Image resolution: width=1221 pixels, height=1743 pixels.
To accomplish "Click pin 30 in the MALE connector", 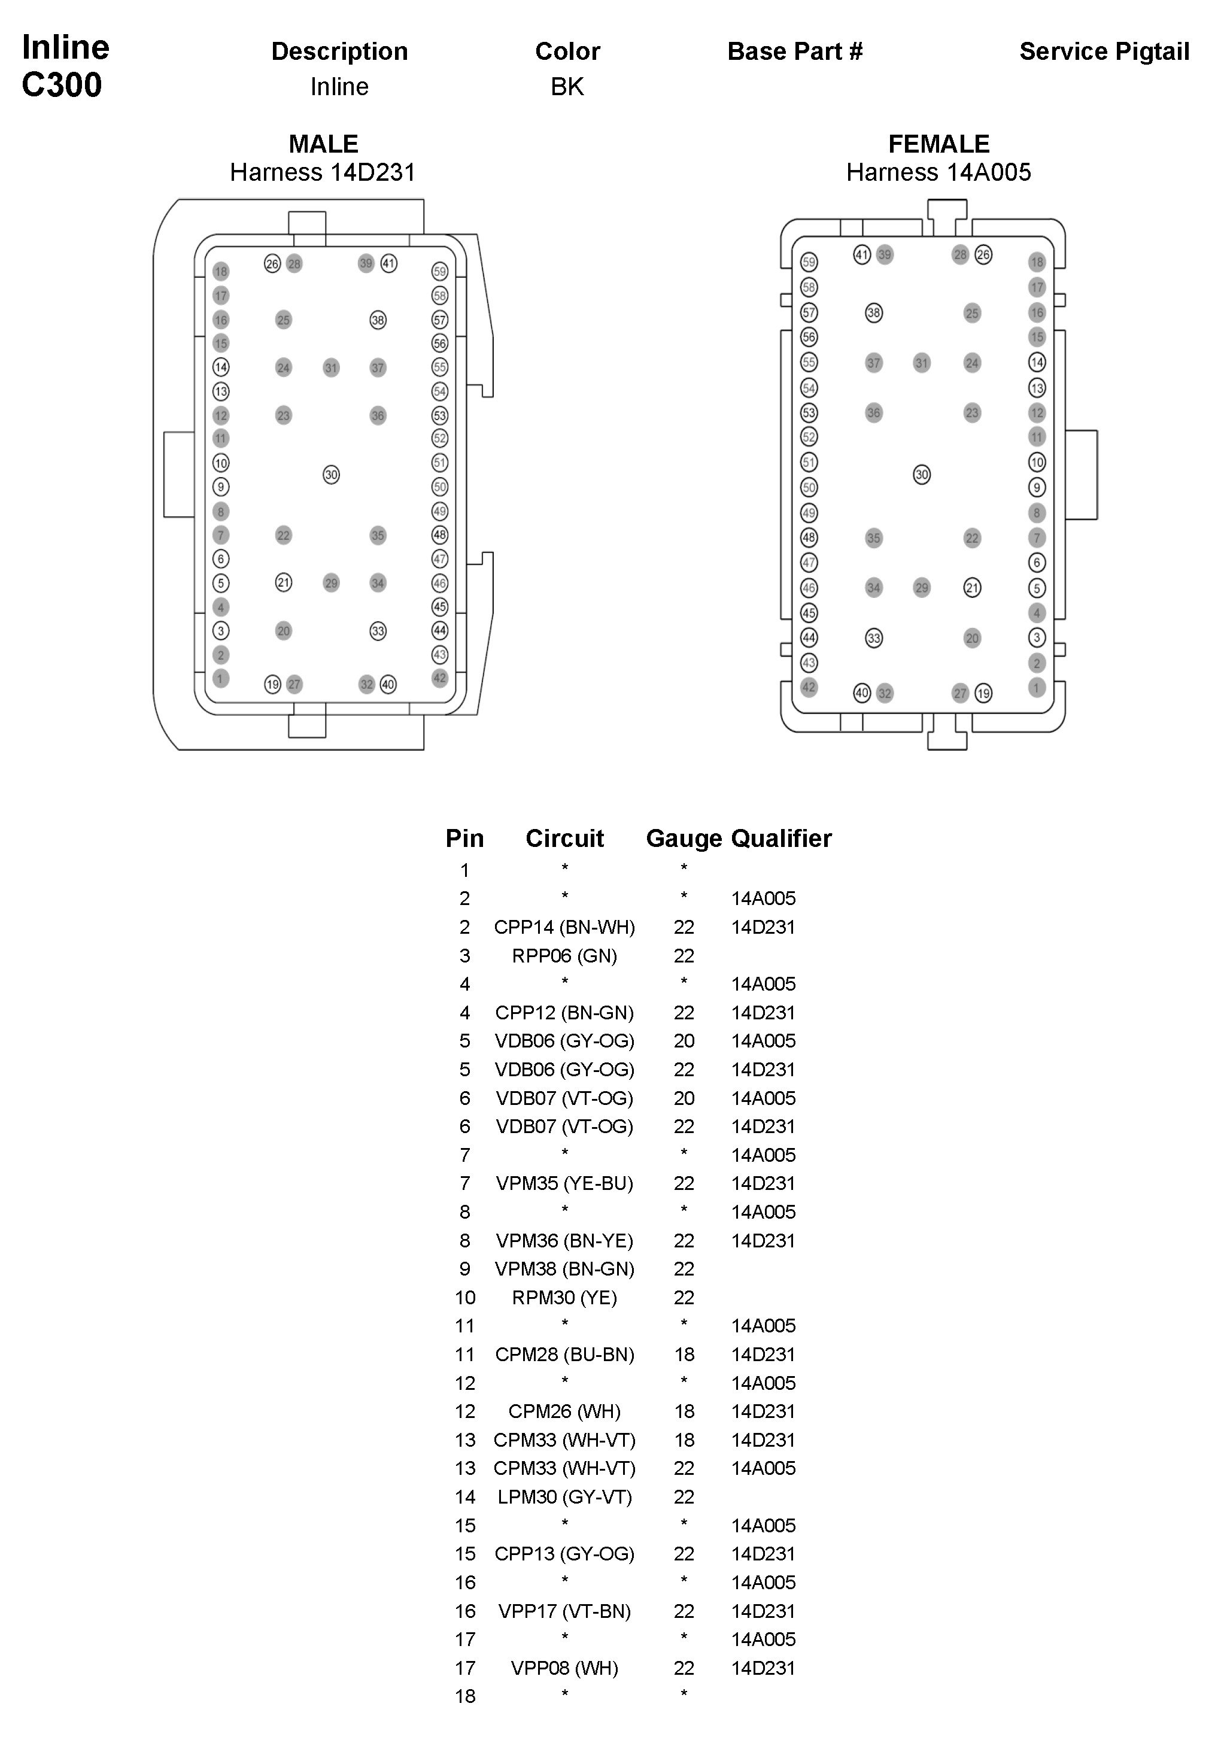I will coord(331,475).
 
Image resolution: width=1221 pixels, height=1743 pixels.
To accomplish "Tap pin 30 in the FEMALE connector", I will coord(921,475).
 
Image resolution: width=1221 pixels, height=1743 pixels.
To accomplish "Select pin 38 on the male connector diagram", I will coord(378,320).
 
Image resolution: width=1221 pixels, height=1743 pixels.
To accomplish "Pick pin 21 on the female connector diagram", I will coord(972,588).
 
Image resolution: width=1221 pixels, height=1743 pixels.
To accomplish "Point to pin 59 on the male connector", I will coord(440,271).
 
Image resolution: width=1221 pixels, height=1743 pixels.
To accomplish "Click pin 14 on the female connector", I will coord(1037,362).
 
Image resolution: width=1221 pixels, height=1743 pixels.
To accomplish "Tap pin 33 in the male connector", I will coord(378,631).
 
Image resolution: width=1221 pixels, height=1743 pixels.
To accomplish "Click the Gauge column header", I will coord(684,838).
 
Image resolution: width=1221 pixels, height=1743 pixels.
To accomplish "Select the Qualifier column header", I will coord(780,838).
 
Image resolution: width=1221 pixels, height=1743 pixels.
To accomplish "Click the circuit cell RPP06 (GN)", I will coord(564,956).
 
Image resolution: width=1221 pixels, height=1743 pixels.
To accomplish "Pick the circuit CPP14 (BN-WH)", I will coord(564,927).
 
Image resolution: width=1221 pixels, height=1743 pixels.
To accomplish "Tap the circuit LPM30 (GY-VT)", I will coord(564,1497).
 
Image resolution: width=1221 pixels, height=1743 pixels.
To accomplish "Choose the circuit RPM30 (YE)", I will coord(564,1298).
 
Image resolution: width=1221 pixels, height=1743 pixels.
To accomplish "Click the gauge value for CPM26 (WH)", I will coord(684,1411).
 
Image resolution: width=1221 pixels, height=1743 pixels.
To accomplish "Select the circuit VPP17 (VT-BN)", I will coord(564,1611).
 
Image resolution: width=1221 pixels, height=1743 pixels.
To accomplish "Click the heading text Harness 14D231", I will coord(323,172).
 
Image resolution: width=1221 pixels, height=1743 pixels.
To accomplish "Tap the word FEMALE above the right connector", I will coord(938,144).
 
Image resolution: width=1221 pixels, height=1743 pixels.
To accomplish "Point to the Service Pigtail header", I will coord(1104,51).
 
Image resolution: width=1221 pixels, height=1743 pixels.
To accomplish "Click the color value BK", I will coord(567,87).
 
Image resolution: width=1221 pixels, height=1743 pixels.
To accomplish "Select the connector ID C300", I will coord(62,85).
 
